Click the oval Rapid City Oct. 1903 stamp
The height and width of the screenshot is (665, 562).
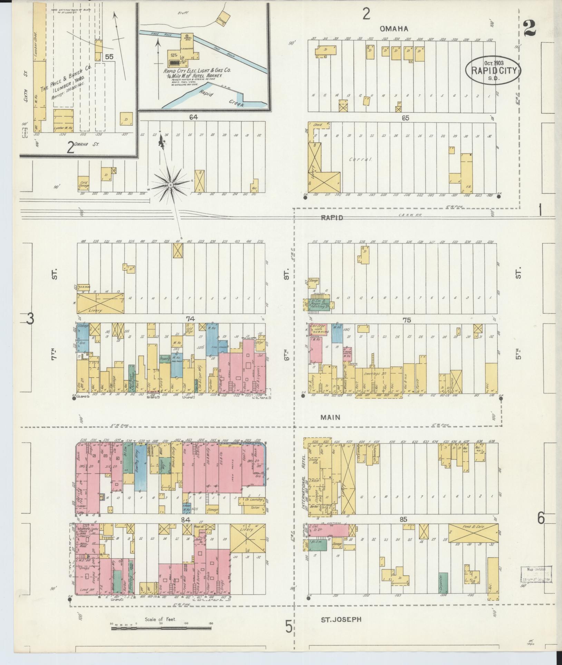pyautogui.click(x=493, y=70)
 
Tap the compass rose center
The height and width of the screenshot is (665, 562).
pyautogui.click(x=170, y=186)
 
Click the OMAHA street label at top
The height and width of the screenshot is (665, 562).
pyautogui.click(x=394, y=29)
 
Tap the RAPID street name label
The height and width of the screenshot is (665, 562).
pyautogui.click(x=332, y=218)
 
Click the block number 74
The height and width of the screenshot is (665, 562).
pyautogui.click(x=190, y=319)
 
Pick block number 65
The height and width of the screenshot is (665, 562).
pyautogui.click(x=405, y=118)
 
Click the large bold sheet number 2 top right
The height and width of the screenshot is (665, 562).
pyautogui.click(x=529, y=29)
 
